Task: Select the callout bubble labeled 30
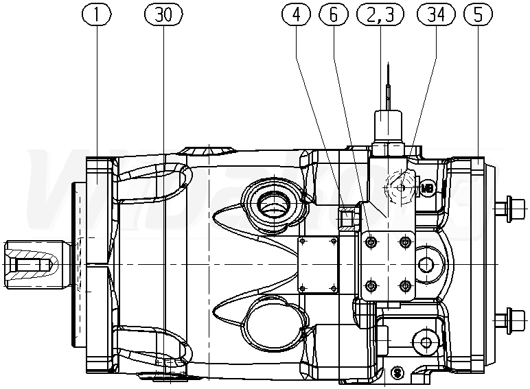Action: (x=163, y=15)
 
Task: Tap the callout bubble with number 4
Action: (x=295, y=15)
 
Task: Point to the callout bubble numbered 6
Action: (x=334, y=15)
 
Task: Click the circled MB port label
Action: (x=427, y=187)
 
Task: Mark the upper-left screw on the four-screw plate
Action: (x=371, y=242)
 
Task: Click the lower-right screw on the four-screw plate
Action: (x=404, y=285)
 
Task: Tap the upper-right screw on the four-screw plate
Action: (x=404, y=242)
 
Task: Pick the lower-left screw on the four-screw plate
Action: (x=371, y=285)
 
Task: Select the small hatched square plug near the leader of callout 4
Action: (x=348, y=217)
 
